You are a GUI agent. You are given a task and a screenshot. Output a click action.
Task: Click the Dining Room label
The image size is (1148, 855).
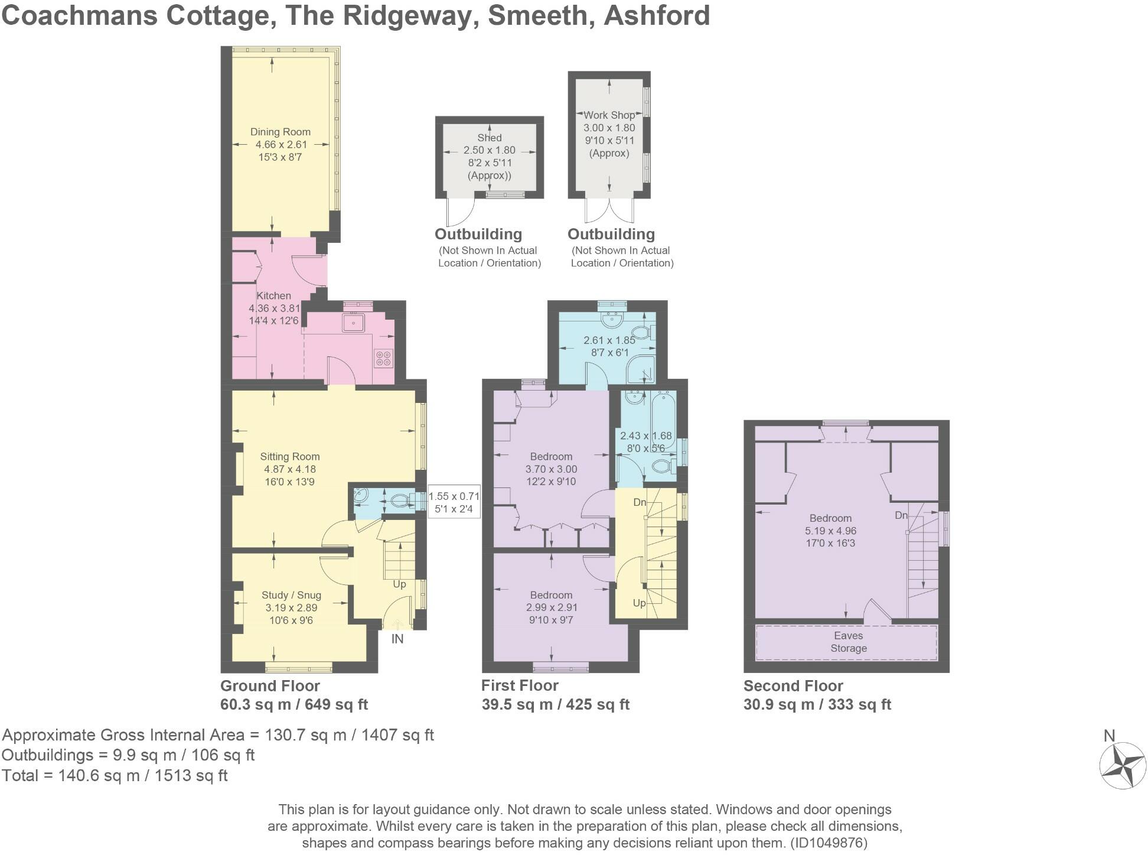click(x=280, y=132)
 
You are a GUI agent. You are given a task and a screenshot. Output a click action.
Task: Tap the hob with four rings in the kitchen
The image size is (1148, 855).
click(x=382, y=359)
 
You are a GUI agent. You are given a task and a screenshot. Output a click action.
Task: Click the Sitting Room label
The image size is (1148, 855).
click(x=289, y=456)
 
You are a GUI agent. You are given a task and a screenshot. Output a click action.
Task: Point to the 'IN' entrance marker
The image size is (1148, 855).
click(x=397, y=639)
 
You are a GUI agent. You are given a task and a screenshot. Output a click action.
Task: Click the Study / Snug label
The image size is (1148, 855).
click(x=291, y=595)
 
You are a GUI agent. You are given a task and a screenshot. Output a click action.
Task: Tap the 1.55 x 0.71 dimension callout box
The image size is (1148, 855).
click(x=454, y=502)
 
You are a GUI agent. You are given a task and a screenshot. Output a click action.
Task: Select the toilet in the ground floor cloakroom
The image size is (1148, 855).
click(x=402, y=502)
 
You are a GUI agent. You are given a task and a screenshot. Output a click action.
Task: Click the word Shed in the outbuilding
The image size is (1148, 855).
click(x=489, y=138)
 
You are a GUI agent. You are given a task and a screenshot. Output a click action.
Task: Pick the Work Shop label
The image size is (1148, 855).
click(x=609, y=115)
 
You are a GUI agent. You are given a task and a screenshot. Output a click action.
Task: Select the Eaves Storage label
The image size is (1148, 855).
click(x=848, y=642)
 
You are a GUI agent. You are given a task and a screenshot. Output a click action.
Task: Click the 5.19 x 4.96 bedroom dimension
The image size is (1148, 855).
click(x=830, y=531)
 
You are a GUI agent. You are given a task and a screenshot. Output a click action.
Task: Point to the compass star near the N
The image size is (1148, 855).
click(x=1121, y=766)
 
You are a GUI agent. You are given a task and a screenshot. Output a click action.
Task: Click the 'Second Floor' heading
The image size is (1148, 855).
click(x=792, y=685)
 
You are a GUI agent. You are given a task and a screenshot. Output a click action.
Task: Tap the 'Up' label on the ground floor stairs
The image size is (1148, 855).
click(x=399, y=584)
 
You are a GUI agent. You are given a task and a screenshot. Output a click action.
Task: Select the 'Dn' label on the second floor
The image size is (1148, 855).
click(x=901, y=515)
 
